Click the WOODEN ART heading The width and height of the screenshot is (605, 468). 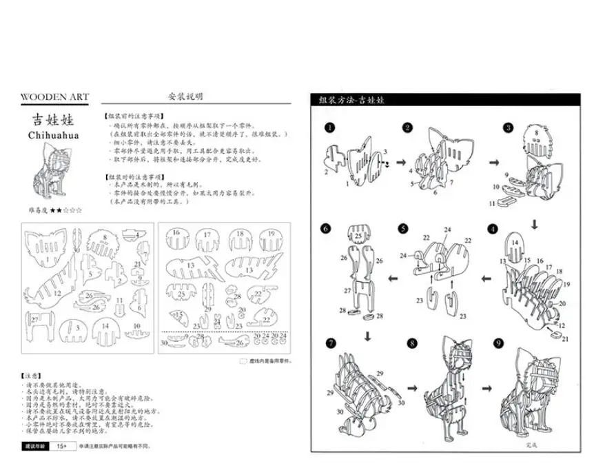click(55, 97)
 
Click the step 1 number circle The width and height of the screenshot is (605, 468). click(330, 128)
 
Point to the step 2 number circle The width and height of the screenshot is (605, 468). click(408, 128)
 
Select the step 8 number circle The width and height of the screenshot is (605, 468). click(412, 343)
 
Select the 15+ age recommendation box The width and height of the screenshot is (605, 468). click(61, 447)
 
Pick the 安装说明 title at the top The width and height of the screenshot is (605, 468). click(185, 97)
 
